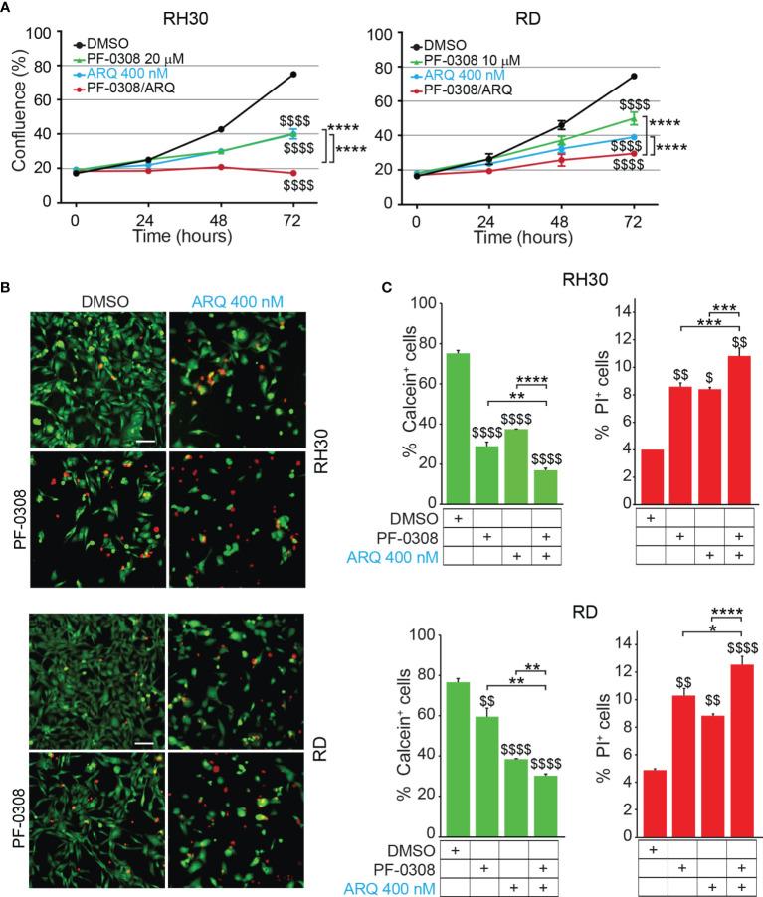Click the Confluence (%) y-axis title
(16, 116)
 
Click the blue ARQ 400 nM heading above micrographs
(232, 295)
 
